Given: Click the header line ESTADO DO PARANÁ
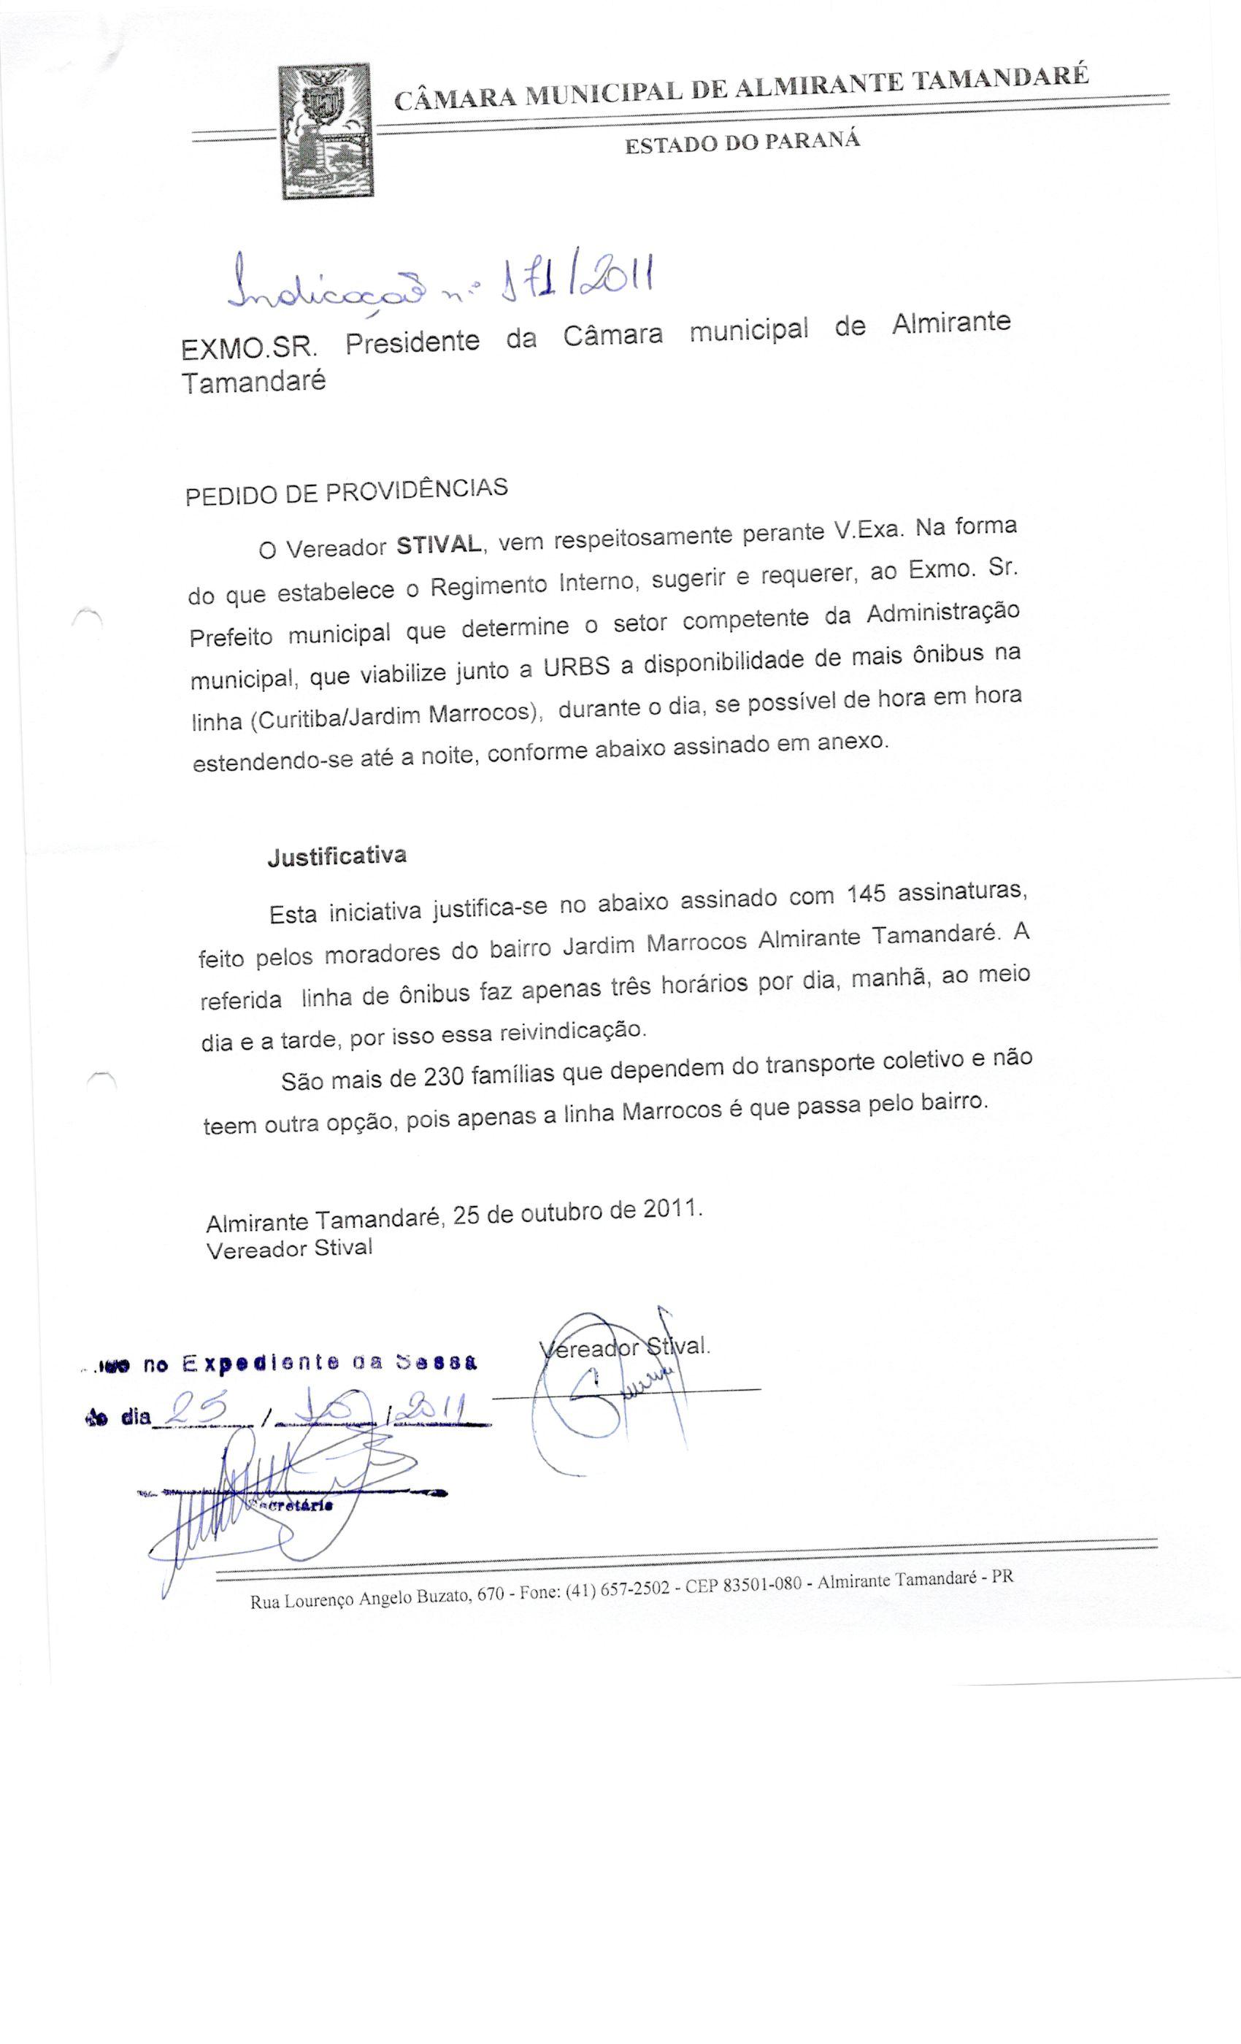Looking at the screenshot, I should pos(742,142).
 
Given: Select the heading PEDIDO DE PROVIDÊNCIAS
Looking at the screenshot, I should pos(346,491).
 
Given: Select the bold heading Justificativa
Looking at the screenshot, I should pos(337,856).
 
